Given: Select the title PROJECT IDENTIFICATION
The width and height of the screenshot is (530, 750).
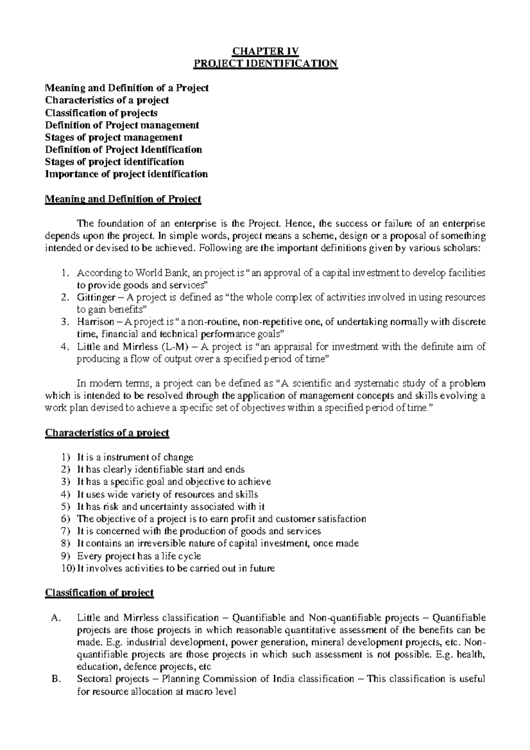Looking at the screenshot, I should (265, 64).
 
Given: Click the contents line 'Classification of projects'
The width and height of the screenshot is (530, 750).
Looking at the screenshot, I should (101, 113).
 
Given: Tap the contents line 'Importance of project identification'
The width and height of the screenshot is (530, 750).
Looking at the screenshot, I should (126, 174).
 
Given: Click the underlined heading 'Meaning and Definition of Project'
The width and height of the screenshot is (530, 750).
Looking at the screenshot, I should (123, 199).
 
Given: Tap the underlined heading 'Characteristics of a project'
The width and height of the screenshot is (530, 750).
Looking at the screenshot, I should (107, 433).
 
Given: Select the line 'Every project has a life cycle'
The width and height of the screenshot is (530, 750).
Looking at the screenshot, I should (139, 556).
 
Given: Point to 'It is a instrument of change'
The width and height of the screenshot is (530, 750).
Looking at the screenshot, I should (135, 457).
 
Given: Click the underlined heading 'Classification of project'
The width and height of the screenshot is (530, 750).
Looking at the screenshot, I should (99, 593).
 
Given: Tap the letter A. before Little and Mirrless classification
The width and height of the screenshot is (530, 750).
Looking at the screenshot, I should (55, 617).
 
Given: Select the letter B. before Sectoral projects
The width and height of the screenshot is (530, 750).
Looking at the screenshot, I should (55, 679).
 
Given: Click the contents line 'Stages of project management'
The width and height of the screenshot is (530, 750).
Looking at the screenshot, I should (114, 137).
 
